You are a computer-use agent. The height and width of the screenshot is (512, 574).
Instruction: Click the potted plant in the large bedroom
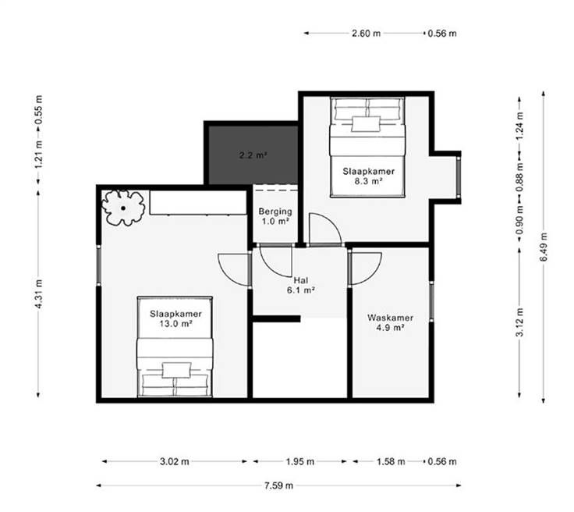pos(123,208)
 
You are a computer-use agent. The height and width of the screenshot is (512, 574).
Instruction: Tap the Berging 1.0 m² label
pos(275,216)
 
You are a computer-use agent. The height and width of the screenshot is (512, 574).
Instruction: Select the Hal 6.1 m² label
pos(301,286)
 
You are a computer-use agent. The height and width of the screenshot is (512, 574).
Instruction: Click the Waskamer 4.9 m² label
pos(390,322)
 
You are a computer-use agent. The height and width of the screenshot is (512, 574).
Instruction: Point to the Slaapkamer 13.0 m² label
pos(175,318)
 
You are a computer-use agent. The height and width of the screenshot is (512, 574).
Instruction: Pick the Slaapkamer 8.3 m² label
pos(368,176)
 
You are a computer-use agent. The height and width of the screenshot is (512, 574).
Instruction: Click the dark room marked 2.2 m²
pos(253,155)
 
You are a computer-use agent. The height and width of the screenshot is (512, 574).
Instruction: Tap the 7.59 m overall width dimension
pos(278,485)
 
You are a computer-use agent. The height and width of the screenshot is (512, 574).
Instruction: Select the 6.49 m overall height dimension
pos(544,247)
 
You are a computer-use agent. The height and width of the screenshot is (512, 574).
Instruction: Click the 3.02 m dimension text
pos(174,461)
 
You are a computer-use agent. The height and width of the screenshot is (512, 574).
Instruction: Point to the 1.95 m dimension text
pos(299,461)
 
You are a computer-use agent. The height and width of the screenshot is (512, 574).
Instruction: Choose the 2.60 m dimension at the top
pos(366,34)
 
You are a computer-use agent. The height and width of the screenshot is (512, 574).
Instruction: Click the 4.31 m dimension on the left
pos(39,293)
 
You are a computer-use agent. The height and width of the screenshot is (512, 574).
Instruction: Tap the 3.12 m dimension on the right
pos(520,322)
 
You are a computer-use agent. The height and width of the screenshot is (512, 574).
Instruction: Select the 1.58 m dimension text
pos(391,461)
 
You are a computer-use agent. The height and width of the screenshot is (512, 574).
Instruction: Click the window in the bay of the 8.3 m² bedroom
pos(459,177)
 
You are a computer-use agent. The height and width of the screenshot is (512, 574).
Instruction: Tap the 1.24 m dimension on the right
pos(520,126)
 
